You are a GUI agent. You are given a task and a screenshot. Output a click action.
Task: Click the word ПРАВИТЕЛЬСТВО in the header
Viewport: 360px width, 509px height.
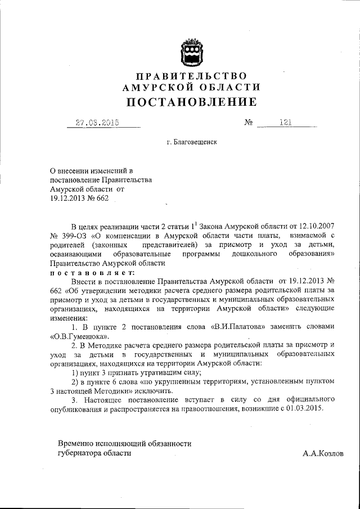tap(191, 75)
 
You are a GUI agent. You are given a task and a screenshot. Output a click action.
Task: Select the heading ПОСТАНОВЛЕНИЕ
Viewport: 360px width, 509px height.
tap(191, 102)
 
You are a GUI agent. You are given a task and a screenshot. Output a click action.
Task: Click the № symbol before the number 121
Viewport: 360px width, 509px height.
tap(249, 123)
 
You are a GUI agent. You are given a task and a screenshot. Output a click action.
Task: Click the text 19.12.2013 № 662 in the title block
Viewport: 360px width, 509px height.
tap(79, 198)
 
